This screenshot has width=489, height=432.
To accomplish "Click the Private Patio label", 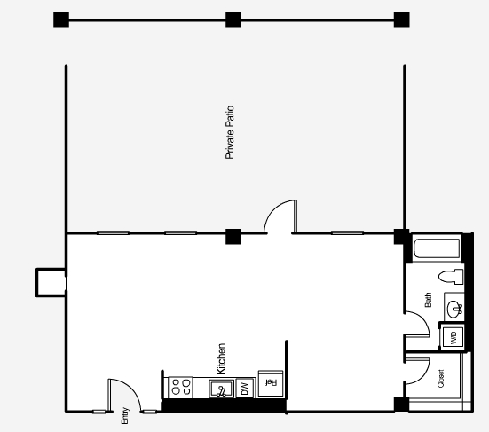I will [x=229, y=133].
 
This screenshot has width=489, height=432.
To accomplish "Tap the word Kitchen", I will [x=221, y=358].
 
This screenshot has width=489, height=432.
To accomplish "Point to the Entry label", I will [x=125, y=415].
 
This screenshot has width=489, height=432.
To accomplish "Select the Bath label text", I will [x=428, y=301].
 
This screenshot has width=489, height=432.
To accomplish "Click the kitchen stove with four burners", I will [x=181, y=387].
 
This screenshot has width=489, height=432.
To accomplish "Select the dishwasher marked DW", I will [x=244, y=388].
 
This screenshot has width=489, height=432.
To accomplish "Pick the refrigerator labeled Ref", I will [x=269, y=382].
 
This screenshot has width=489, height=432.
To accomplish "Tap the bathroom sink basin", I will [x=454, y=309].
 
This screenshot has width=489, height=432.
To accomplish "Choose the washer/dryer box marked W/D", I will [x=453, y=337].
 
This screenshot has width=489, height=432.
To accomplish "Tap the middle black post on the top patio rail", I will [x=233, y=20].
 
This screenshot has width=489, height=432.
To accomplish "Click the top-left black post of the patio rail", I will [x=60, y=20].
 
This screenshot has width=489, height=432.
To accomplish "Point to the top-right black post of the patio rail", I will [x=401, y=20].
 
